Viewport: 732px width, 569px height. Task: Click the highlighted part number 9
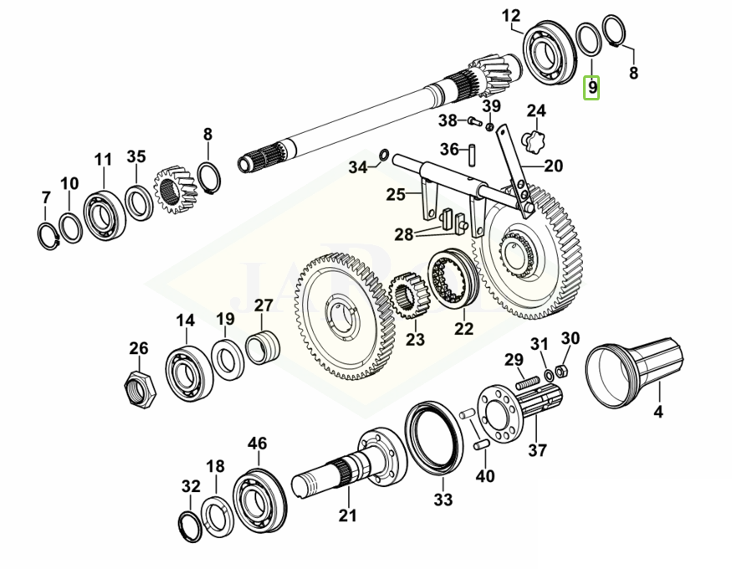pyautogui.click(x=592, y=87)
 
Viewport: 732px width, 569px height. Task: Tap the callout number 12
pyautogui.click(x=511, y=15)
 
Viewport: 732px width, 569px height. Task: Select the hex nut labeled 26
pyautogui.click(x=139, y=387)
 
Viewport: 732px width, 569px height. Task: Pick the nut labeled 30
pyautogui.click(x=563, y=369)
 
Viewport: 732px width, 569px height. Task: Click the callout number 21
pyautogui.click(x=347, y=515)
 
